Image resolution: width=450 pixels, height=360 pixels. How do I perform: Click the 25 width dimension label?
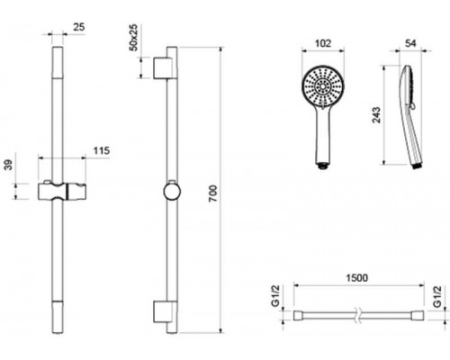(x=79, y=27)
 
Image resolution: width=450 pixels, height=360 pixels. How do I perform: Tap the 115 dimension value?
(x=102, y=150)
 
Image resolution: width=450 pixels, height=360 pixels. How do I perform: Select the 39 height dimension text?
(x=9, y=165)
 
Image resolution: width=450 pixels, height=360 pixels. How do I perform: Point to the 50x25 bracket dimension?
(x=133, y=38)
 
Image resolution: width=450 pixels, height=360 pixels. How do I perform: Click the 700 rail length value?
(x=212, y=193)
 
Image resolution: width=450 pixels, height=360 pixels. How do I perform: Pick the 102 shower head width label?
(x=323, y=43)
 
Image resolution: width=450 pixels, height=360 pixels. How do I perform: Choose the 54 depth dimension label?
(x=410, y=43)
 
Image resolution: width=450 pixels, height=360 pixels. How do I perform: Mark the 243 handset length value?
(x=376, y=115)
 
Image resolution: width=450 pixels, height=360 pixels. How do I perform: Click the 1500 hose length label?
(x=357, y=278)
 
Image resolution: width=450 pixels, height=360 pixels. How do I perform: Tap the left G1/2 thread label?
(x=275, y=296)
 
